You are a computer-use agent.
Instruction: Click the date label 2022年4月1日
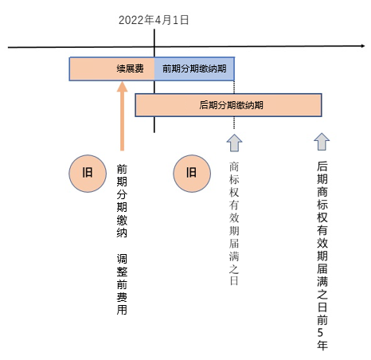[x=154, y=20]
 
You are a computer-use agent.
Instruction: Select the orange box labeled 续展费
[x=111, y=68]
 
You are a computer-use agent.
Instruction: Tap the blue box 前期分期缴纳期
[x=194, y=68]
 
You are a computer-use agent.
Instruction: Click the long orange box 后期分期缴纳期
[x=228, y=105]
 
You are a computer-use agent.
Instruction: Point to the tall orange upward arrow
[x=122, y=116]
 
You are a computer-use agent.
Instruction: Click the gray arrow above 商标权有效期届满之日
[x=234, y=143]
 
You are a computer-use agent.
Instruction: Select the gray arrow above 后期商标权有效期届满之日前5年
[x=322, y=142]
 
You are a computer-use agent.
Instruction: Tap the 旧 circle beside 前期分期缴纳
[x=88, y=174]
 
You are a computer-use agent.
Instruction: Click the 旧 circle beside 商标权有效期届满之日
[x=192, y=174]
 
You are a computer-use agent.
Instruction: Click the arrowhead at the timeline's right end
[x=363, y=46]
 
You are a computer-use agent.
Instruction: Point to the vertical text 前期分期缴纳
[x=122, y=201]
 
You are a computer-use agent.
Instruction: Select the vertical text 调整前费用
[x=122, y=284]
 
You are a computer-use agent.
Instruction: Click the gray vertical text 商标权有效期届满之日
[x=234, y=224]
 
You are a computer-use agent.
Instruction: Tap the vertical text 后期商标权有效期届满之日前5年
[x=322, y=256]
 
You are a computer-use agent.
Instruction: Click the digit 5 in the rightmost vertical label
[x=321, y=333]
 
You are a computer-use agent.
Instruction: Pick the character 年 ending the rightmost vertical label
[x=322, y=345]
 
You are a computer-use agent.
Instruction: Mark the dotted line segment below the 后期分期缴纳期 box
[x=234, y=123]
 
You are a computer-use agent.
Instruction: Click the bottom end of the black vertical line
[x=154, y=132]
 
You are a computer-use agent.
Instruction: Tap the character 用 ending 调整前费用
[x=122, y=310]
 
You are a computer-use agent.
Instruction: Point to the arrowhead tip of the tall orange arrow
[x=122, y=82]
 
